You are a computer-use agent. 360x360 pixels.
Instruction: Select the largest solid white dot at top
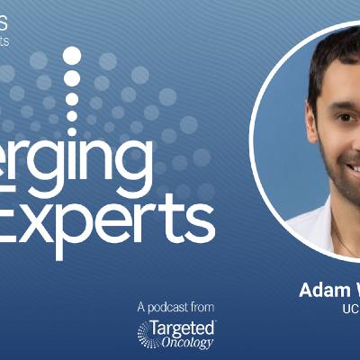pos(72,56)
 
